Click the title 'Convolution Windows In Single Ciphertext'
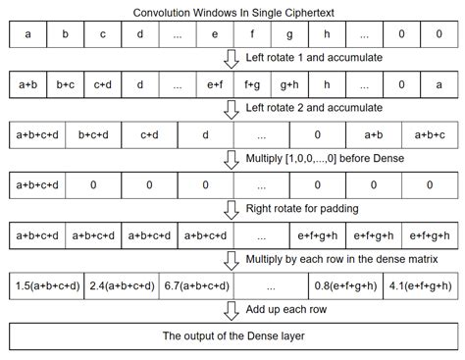click(232, 11)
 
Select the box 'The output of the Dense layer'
click(232, 336)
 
